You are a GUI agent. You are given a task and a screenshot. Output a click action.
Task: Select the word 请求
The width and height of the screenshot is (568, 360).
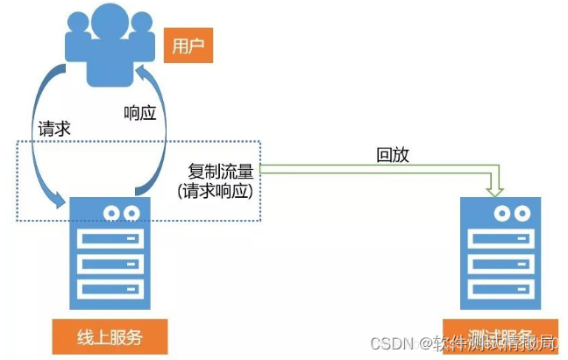(54, 128)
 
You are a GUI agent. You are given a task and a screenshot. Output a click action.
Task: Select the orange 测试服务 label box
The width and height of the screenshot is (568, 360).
(501, 336)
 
